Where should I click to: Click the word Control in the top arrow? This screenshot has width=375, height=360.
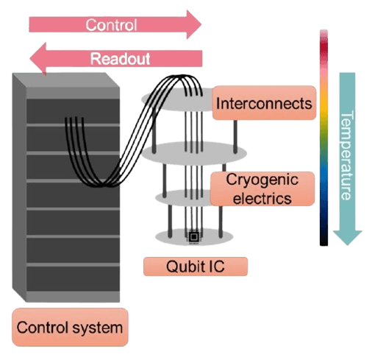[111, 25]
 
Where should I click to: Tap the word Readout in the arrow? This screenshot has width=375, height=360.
[120, 59]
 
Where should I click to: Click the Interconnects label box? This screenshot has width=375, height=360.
[264, 103]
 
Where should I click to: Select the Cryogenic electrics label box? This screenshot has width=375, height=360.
[262, 188]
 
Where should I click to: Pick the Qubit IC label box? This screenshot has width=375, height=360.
[196, 267]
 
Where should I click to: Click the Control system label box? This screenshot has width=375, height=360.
[70, 327]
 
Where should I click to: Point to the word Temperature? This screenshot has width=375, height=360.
[347, 155]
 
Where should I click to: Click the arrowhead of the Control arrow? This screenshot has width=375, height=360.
[193, 24]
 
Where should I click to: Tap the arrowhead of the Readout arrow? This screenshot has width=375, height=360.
[38, 59]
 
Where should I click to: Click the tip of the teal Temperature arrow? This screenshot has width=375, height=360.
[347, 245]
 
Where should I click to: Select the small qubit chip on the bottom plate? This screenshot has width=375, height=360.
[193, 237]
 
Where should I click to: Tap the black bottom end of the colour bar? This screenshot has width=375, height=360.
[324, 241]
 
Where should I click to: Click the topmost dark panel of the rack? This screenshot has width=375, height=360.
[73, 111]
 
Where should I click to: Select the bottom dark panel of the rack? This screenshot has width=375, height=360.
[73, 279]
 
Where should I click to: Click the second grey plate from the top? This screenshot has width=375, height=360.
[194, 153]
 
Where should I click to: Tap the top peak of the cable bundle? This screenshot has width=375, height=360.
[182, 77]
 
